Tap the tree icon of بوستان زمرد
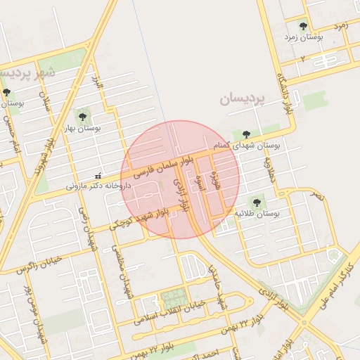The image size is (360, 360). (x=303, y=26)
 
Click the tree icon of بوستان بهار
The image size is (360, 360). (x=82, y=115)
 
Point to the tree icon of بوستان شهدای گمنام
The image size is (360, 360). (x=245, y=134)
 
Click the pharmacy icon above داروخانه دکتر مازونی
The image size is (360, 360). (x=98, y=176)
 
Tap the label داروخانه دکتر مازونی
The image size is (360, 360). (x=98, y=186)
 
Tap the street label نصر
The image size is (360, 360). (x=319, y=195)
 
